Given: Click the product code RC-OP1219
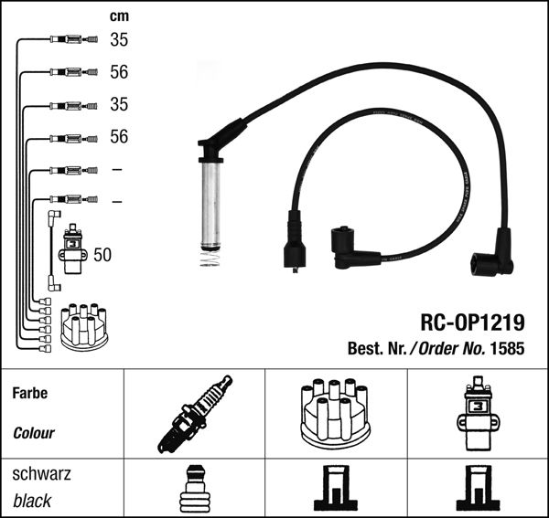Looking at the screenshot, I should (x=472, y=322).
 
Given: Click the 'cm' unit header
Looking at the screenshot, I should (x=119, y=16).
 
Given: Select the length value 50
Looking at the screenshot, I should (x=102, y=255).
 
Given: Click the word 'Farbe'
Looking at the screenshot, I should (x=30, y=394).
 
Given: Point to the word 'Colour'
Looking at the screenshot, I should (x=34, y=433).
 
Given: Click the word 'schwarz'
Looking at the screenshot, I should (x=41, y=474).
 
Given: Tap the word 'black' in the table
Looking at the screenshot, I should (x=32, y=501).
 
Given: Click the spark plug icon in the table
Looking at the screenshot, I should (x=194, y=414).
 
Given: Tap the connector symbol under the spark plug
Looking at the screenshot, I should (x=194, y=490).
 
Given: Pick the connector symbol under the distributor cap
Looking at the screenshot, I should (x=335, y=490).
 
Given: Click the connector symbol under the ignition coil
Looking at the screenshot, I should (x=477, y=490).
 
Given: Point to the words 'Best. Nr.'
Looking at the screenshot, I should (x=375, y=348).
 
